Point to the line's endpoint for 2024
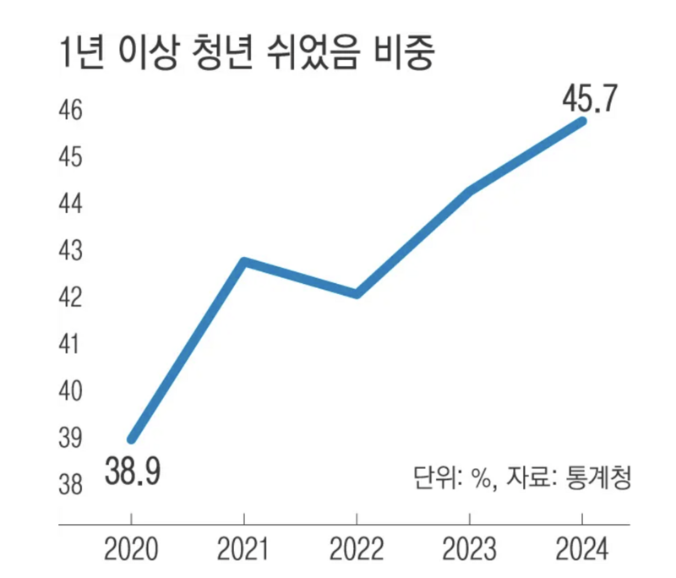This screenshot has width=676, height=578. (581, 121)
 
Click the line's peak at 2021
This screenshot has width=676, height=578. (244, 261)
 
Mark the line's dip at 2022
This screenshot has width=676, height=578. (357, 294)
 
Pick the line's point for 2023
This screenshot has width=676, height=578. (470, 191)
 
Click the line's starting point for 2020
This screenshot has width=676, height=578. (132, 439)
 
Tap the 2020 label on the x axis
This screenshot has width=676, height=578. (132, 550)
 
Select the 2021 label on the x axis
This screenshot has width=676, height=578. (244, 550)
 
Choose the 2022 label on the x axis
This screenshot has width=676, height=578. (357, 550)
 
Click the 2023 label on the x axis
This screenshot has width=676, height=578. (470, 550)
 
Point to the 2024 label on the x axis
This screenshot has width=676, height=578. (581, 550)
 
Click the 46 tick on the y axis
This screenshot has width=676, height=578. (70, 111)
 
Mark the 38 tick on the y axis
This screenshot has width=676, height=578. (70, 485)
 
